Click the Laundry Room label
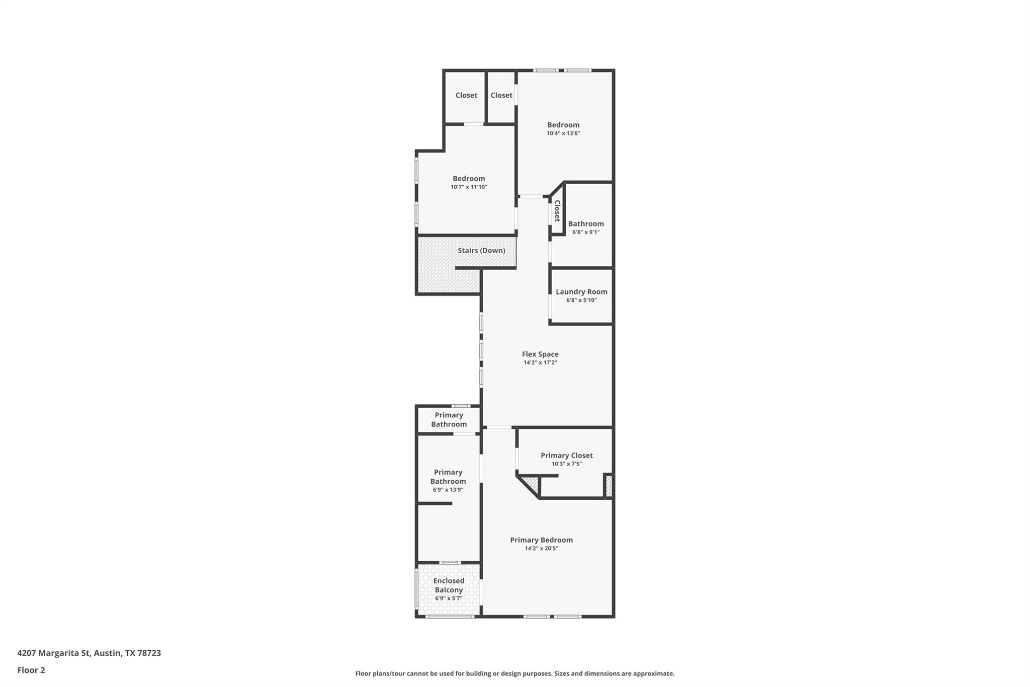[581, 292]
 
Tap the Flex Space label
[540, 354]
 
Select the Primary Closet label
[567, 455]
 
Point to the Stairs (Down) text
[481, 251]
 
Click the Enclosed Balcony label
[449, 585]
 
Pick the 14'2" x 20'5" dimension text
[542, 549]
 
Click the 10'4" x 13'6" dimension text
[563, 133]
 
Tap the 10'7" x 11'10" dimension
[469, 187]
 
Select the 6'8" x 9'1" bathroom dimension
[586, 233]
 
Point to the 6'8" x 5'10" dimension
[581, 300]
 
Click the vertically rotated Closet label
[557, 211]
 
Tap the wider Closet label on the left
[466, 96]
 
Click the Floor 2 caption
[31, 670]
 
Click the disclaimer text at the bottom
[515, 673]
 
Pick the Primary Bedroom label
[542, 540]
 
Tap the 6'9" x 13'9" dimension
[448, 490]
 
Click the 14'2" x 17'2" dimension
[540, 362]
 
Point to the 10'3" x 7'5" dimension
[567, 464]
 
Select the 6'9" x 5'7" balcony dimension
[449, 598]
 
